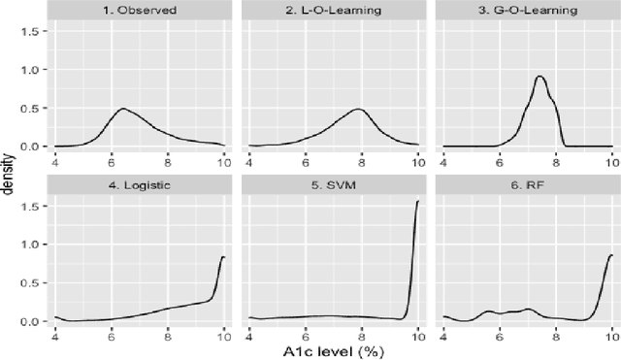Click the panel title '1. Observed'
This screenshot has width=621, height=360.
[139, 14]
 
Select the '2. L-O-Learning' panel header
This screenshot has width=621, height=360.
[333, 14]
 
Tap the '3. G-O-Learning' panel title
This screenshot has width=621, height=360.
[527, 14]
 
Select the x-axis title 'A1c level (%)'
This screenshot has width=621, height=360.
[333, 350]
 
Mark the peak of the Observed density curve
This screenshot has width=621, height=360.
[123, 109]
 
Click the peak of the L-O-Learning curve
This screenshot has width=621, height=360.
[358, 109]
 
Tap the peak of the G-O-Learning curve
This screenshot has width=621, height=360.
[539, 77]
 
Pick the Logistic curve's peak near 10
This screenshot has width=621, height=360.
[223, 257]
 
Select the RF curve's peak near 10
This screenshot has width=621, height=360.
[610, 255]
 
